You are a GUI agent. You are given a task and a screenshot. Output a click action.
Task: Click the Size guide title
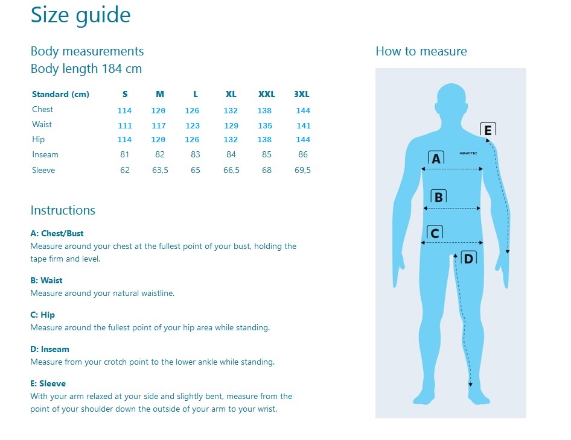pyautogui.click(x=80, y=16)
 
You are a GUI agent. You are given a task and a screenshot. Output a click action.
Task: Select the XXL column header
pyautogui.click(x=267, y=94)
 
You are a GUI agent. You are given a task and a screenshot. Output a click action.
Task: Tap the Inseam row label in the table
pyautogui.click(x=45, y=154)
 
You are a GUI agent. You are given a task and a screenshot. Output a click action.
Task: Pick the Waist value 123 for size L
pyautogui.click(x=193, y=126)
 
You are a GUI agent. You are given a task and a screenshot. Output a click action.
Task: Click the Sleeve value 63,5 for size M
pyautogui.click(x=160, y=170)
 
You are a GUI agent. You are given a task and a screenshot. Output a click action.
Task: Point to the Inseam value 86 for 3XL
pyautogui.click(x=303, y=154)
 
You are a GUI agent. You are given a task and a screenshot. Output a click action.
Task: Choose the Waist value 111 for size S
pyautogui.click(x=124, y=126)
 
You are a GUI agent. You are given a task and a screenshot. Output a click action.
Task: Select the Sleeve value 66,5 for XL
pyautogui.click(x=231, y=170)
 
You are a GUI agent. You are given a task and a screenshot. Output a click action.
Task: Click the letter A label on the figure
pyautogui.click(x=436, y=158)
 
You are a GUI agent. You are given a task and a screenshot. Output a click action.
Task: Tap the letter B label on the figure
pyautogui.click(x=438, y=196)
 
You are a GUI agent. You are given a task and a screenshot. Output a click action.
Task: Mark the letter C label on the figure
pyautogui.click(x=435, y=233)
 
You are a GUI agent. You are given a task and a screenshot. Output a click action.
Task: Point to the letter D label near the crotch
pyautogui.click(x=468, y=258)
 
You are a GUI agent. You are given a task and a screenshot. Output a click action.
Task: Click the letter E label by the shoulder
pyautogui.click(x=488, y=130)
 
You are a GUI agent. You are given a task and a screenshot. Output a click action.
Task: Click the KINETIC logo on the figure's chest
pyautogui.click(x=468, y=153)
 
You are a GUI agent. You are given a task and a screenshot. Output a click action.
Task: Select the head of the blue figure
pyautogui.click(x=451, y=101)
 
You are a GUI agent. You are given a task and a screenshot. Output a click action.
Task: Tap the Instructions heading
pyautogui.click(x=63, y=210)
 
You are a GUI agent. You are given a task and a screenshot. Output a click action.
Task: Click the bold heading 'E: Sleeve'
pyautogui.click(x=48, y=383)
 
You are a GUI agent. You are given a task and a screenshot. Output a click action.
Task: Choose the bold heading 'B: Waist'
pyautogui.click(x=46, y=280)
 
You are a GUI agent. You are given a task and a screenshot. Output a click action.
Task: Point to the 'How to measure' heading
pyautogui.click(x=421, y=51)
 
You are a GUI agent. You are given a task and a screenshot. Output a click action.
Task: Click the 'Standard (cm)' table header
pyautogui.click(x=60, y=95)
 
